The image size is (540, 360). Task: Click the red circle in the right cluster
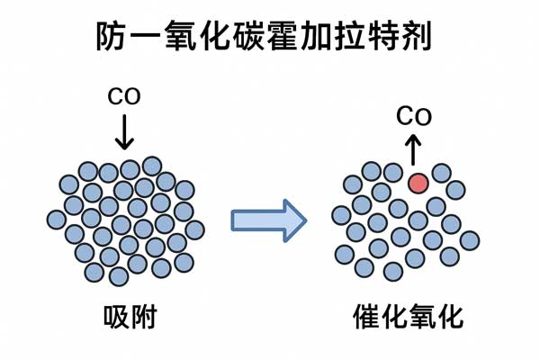[418, 183]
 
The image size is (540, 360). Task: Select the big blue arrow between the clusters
[268, 219]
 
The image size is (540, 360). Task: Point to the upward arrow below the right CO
[413, 149]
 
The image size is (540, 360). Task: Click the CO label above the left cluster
[124, 95]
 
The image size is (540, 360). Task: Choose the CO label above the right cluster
[414, 116]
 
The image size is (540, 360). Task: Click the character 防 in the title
[112, 37]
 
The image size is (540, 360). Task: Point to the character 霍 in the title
[286, 37]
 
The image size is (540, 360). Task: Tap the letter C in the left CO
[115, 95]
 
